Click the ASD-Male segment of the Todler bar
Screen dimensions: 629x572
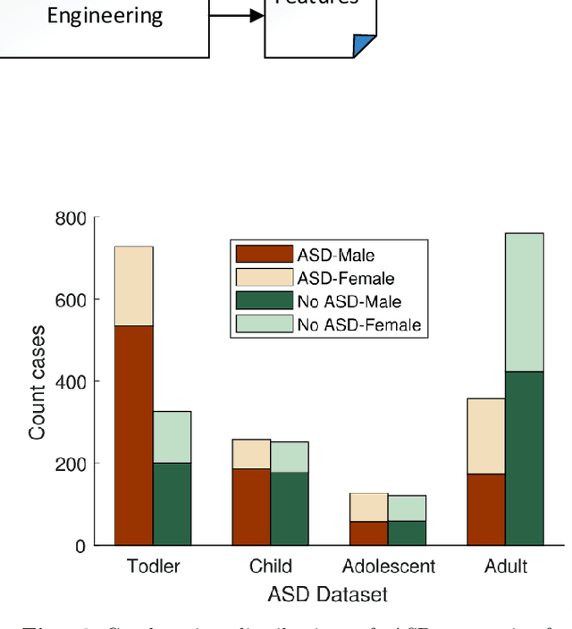[133, 435]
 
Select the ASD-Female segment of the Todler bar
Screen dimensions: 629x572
[133, 286]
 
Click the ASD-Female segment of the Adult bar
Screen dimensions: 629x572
[485, 436]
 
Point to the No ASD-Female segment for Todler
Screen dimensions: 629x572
[172, 437]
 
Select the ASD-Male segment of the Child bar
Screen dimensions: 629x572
[251, 507]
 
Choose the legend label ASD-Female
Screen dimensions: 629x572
[346, 279]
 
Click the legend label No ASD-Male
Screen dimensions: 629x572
[349, 302]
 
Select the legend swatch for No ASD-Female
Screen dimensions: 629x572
[262, 324]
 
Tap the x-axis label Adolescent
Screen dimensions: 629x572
[388, 566]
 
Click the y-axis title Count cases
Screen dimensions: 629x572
[38, 382]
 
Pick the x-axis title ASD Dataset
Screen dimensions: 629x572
[327, 593]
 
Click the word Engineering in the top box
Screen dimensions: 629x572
[105, 15]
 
